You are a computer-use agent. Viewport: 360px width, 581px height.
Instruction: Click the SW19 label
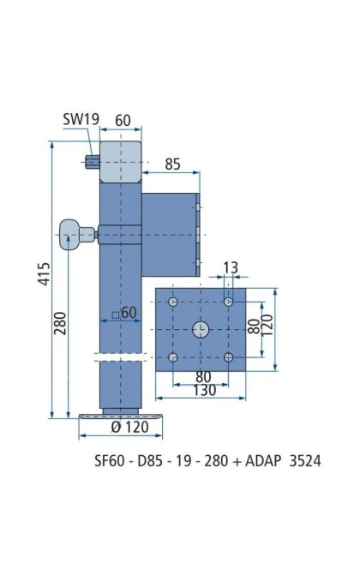pos(81,119)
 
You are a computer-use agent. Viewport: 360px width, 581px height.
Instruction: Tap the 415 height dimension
pos(44,274)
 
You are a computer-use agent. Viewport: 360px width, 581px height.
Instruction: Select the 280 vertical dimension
pos(60,323)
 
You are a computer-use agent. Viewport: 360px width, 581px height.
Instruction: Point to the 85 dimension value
pos(172,164)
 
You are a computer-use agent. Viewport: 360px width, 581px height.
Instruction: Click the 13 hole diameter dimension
pos(231,267)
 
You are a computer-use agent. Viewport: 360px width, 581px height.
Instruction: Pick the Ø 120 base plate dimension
pos(129,427)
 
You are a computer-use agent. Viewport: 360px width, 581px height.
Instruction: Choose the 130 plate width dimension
pos(204,390)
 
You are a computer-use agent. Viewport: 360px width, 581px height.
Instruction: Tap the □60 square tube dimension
pos(124,313)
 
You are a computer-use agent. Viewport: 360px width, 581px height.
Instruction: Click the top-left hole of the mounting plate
pos(173,302)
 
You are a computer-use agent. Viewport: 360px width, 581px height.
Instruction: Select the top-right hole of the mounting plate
pos(228,302)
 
